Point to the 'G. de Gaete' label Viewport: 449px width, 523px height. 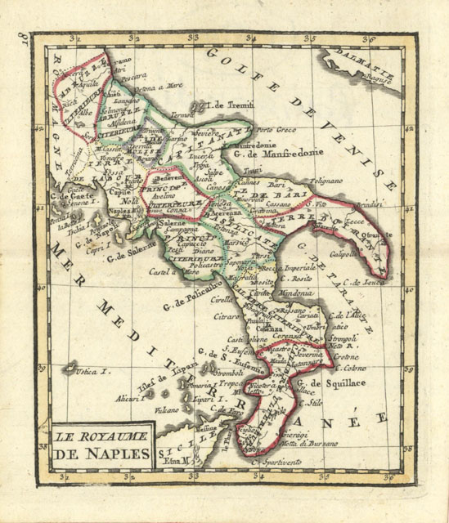coord(70,194)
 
